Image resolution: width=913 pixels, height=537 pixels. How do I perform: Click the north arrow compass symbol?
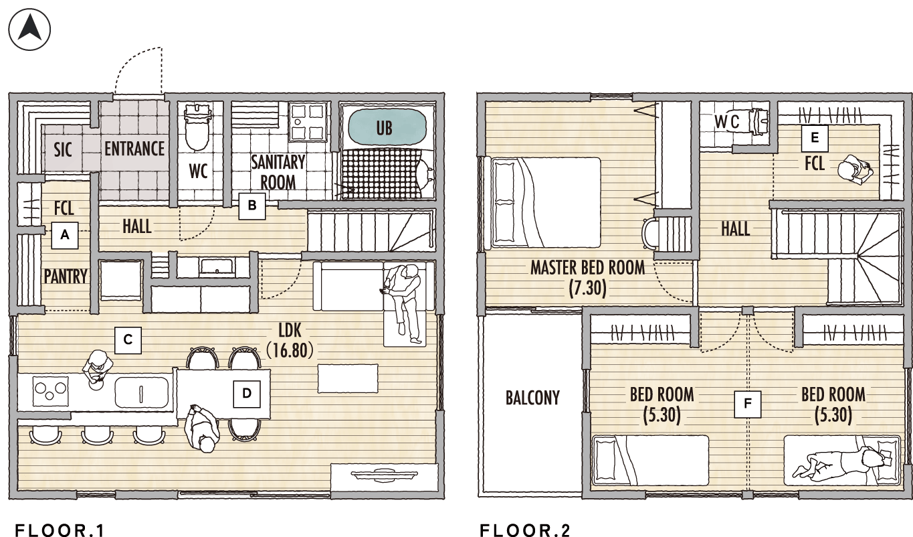(x=29, y=29)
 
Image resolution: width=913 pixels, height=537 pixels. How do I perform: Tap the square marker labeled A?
(x=65, y=235)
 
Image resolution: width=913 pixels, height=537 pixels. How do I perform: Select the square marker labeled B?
(x=252, y=206)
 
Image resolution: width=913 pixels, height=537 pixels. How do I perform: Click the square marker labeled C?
(x=128, y=339)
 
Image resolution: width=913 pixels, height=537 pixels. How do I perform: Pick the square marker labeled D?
(x=247, y=394)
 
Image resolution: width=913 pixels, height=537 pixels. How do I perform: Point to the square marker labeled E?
(x=815, y=138)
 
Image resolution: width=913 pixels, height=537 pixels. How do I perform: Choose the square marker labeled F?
(x=748, y=404)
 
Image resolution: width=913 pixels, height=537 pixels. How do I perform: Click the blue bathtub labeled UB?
(x=385, y=127)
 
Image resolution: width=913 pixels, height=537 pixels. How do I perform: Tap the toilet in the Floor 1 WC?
(x=197, y=127)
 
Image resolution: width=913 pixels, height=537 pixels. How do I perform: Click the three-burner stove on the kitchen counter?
(x=50, y=391)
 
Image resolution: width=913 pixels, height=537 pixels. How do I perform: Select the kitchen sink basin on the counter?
(x=141, y=392)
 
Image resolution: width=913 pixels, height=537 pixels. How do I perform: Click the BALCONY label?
(x=532, y=398)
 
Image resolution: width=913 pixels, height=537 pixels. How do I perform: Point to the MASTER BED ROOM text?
(x=588, y=268)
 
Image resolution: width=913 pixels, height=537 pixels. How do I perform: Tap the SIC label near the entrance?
(x=63, y=149)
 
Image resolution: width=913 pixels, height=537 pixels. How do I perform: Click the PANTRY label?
(x=66, y=277)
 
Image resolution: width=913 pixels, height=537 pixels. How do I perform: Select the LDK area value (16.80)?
(x=290, y=350)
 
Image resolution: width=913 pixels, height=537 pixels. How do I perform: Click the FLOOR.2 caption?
(x=524, y=530)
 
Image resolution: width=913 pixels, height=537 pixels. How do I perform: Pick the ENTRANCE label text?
(x=134, y=149)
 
